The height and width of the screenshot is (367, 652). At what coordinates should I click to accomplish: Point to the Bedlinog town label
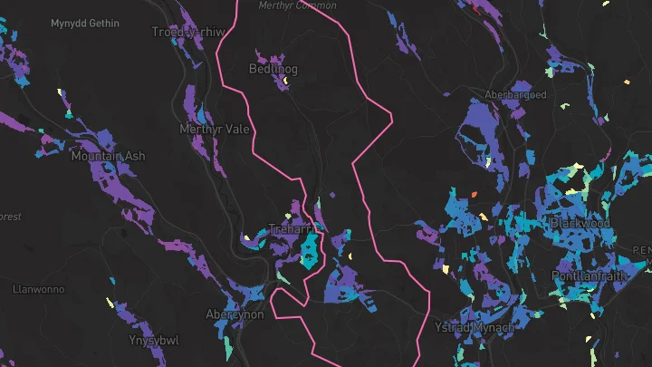(273, 69)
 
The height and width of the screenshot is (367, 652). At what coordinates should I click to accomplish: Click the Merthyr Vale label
(214, 129)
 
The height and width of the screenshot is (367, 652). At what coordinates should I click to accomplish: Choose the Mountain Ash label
(108, 157)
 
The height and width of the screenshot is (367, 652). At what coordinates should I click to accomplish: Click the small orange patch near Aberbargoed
(473, 193)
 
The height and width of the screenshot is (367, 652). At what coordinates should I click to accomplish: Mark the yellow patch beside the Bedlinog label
(284, 81)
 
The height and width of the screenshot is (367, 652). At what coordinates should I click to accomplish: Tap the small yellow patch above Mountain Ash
(60, 92)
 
